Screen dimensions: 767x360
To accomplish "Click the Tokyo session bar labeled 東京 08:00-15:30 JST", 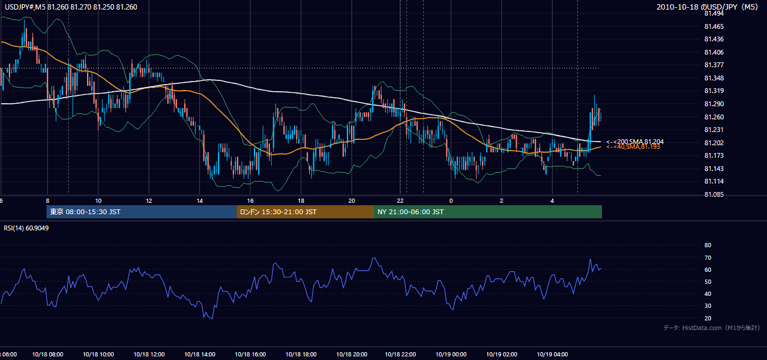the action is [x=142, y=212].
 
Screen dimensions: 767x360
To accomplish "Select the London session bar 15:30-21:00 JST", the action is [x=305, y=212].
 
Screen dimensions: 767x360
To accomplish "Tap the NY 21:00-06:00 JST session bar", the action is [x=488, y=212].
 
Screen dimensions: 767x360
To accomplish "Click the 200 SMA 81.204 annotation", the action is [x=635, y=142].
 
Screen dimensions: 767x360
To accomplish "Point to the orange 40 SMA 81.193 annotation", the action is [x=633, y=147].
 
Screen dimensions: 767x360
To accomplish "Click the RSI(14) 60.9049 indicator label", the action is [x=26, y=228].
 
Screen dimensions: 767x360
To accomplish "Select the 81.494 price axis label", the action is [x=714, y=14].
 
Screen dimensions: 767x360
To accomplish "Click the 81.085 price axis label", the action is [x=714, y=194].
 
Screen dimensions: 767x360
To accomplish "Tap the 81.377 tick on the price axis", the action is [x=714, y=65].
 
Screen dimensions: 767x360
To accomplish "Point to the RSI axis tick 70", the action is [x=708, y=257].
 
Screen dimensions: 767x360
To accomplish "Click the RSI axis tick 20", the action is [x=708, y=318].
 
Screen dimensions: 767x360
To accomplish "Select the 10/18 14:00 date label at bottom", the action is [x=200, y=354].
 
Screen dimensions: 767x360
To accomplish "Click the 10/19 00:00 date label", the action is [x=451, y=354].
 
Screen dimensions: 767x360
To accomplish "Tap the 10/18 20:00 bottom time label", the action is [x=352, y=354].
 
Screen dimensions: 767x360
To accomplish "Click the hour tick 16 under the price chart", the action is [x=250, y=201].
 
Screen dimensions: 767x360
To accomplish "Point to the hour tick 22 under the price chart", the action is [x=400, y=201].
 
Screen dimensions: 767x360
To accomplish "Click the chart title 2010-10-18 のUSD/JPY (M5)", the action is [x=707, y=7].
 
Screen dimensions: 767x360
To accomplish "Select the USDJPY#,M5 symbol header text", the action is [x=25, y=7].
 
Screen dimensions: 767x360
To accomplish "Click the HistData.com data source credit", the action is [x=712, y=328].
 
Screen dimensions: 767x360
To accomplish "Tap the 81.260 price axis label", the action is [x=714, y=117].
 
